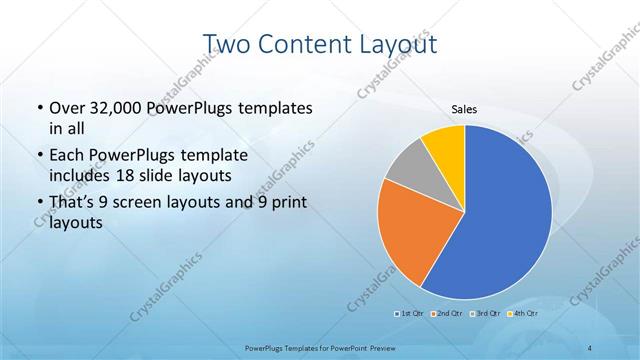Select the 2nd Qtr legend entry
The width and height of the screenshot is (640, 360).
tap(447, 314)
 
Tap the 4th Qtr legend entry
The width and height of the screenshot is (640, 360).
tap(523, 314)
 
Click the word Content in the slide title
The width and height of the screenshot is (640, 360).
tap(300, 44)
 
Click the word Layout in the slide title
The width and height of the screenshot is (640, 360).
tap(395, 44)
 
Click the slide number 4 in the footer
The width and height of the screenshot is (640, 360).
tap(590, 346)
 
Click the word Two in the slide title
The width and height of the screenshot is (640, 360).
tap(227, 44)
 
